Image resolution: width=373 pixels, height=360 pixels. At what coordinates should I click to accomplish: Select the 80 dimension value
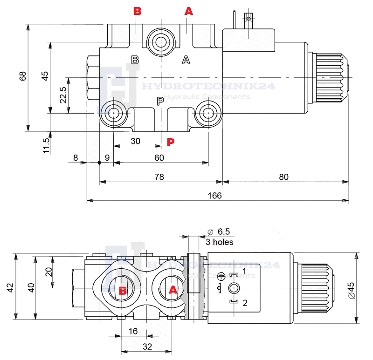coord(284,177)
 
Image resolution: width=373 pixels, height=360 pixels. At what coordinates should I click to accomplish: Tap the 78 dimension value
coord(159,177)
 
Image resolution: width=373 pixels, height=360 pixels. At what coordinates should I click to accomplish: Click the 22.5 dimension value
coord(63,95)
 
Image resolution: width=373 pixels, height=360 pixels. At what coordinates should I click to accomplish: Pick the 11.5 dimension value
coord(45,146)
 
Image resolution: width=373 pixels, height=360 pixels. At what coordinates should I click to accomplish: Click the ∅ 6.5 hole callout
coord(218,232)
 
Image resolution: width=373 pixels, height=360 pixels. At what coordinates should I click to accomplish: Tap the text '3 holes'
coord(219,242)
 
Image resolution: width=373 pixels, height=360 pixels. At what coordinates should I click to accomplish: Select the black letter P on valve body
coord(160,101)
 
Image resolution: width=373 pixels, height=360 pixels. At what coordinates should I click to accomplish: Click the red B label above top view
coord(137,11)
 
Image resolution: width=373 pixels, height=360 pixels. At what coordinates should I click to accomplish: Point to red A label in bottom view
coord(173,290)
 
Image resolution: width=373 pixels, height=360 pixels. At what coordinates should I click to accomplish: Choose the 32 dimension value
coord(147,346)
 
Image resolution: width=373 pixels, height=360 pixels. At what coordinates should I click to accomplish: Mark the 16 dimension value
coord(133,331)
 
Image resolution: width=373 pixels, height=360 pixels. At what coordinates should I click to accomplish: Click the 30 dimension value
coord(135,141)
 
